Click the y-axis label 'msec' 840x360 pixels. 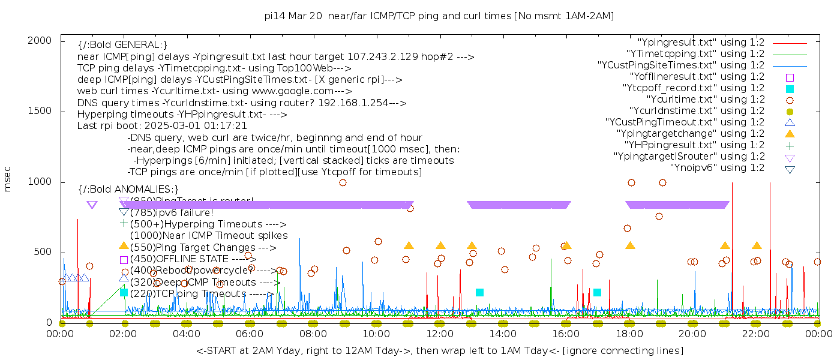[8, 179]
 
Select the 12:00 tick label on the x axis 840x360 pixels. [440, 334]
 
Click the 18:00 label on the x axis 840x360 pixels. [629, 334]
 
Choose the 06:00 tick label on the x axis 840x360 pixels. [250, 334]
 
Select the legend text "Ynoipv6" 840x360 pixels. [717, 168]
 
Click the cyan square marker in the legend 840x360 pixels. [790, 88]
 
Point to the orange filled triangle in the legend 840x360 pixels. [790, 134]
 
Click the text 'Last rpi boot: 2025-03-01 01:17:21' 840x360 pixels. [162, 126]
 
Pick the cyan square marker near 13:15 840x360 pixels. [479, 292]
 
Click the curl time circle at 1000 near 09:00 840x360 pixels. [343, 182]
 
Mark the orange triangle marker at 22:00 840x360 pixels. [757, 246]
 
